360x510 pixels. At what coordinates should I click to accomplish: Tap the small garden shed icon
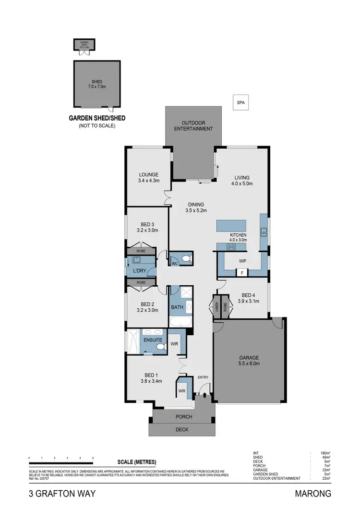(84, 46)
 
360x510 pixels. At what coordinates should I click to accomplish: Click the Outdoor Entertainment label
(193, 125)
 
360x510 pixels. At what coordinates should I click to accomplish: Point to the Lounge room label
(149, 175)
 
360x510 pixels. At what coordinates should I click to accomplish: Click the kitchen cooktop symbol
(231, 247)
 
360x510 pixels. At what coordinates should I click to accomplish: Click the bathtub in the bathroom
(180, 322)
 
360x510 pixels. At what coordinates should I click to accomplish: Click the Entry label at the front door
(203, 377)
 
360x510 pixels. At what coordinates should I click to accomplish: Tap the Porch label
(183, 416)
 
